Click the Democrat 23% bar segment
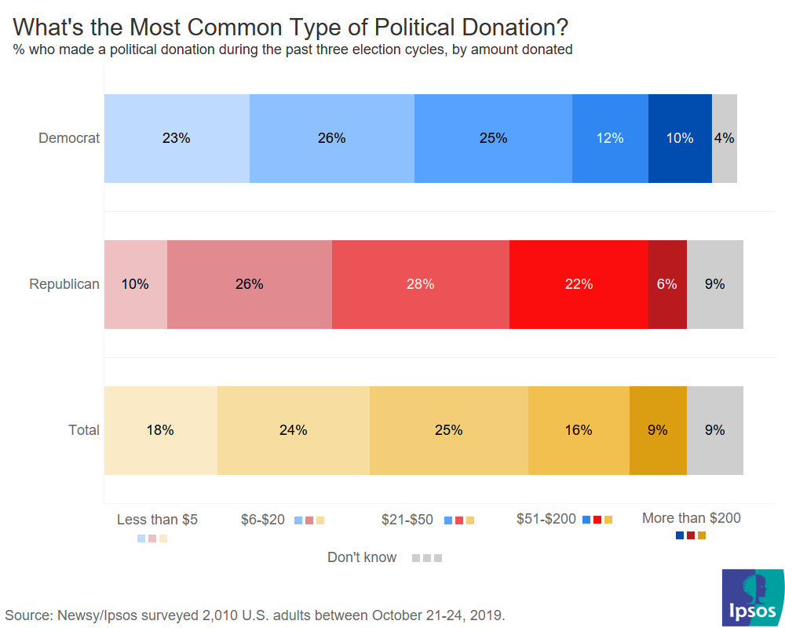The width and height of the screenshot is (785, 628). (x=177, y=138)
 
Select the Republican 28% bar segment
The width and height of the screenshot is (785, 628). (x=420, y=284)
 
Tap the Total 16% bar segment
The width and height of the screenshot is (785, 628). (x=579, y=430)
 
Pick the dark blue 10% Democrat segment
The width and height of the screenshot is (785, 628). (x=680, y=138)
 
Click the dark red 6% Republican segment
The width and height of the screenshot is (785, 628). (x=667, y=284)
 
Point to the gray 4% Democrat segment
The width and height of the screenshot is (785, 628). (x=724, y=138)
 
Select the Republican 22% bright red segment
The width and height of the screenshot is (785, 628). (x=579, y=284)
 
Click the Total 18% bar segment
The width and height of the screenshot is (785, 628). (x=160, y=430)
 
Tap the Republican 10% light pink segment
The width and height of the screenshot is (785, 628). (x=135, y=284)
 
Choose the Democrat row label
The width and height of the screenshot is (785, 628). (x=69, y=138)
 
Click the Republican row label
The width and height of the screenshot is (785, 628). (x=64, y=284)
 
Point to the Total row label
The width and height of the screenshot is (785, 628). (x=84, y=430)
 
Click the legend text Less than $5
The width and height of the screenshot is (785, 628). (x=157, y=519)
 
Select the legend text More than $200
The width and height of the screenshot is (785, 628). (x=691, y=518)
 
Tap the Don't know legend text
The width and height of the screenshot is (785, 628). (x=362, y=557)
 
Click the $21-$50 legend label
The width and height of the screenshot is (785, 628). (x=407, y=519)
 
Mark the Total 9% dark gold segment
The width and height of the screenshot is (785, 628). (x=658, y=430)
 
